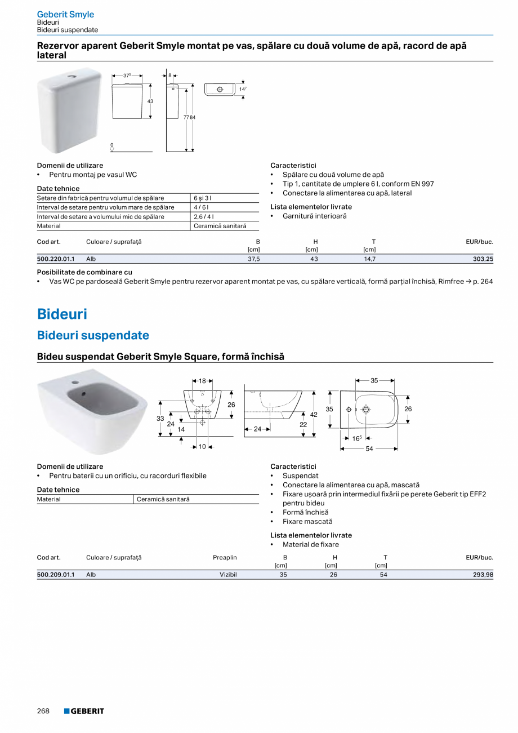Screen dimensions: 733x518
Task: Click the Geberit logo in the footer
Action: (x=84, y=711)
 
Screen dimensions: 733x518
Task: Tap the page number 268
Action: (x=43, y=711)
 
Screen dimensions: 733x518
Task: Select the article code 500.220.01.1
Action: (x=55, y=259)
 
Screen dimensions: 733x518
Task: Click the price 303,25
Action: (x=482, y=259)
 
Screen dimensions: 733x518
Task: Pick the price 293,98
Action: (x=482, y=575)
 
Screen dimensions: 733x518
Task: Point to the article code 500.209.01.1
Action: (x=55, y=575)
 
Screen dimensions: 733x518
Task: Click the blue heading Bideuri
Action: (x=62, y=314)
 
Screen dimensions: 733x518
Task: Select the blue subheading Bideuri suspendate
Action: (x=93, y=335)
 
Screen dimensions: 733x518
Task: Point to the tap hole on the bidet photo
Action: (x=74, y=383)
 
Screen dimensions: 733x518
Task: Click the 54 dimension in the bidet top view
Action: (x=369, y=449)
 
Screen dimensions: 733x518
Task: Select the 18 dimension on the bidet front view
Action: (x=202, y=381)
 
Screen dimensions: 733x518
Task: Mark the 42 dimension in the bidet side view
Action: (x=314, y=414)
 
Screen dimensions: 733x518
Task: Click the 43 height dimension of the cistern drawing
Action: (x=150, y=101)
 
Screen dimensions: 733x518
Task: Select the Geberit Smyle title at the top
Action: (x=65, y=14)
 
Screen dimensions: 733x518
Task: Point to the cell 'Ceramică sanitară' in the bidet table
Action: (x=163, y=499)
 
